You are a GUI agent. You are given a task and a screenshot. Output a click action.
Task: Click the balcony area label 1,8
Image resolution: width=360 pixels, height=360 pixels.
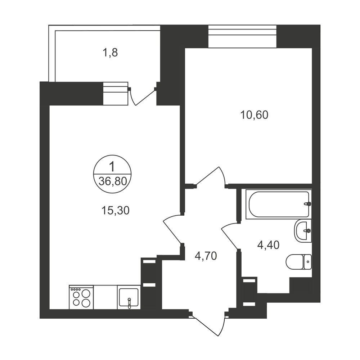click(x=110, y=53)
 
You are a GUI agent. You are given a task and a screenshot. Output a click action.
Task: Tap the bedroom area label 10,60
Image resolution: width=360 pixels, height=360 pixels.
click(x=254, y=115)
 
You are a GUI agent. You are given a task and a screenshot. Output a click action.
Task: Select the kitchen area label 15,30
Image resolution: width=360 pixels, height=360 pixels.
click(x=116, y=210)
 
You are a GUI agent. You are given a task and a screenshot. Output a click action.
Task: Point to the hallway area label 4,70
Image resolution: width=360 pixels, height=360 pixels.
click(x=206, y=256)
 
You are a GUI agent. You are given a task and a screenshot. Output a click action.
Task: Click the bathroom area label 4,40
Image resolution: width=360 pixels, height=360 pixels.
click(x=269, y=245)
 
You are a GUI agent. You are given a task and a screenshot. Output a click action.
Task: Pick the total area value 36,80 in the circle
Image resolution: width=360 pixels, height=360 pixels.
click(x=113, y=181)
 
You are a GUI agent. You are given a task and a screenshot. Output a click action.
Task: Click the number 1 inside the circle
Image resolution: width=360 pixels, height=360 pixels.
click(x=112, y=166)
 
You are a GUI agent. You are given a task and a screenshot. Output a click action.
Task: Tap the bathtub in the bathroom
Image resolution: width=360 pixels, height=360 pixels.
click(x=279, y=204)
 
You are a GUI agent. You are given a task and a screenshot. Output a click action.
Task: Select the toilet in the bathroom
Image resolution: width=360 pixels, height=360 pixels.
click(x=299, y=262)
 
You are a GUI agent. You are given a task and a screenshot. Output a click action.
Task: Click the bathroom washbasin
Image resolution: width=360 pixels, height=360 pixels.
click(x=303, y=231)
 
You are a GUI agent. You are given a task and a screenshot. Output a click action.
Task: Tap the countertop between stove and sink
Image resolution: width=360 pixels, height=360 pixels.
click(x=105, y=297)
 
